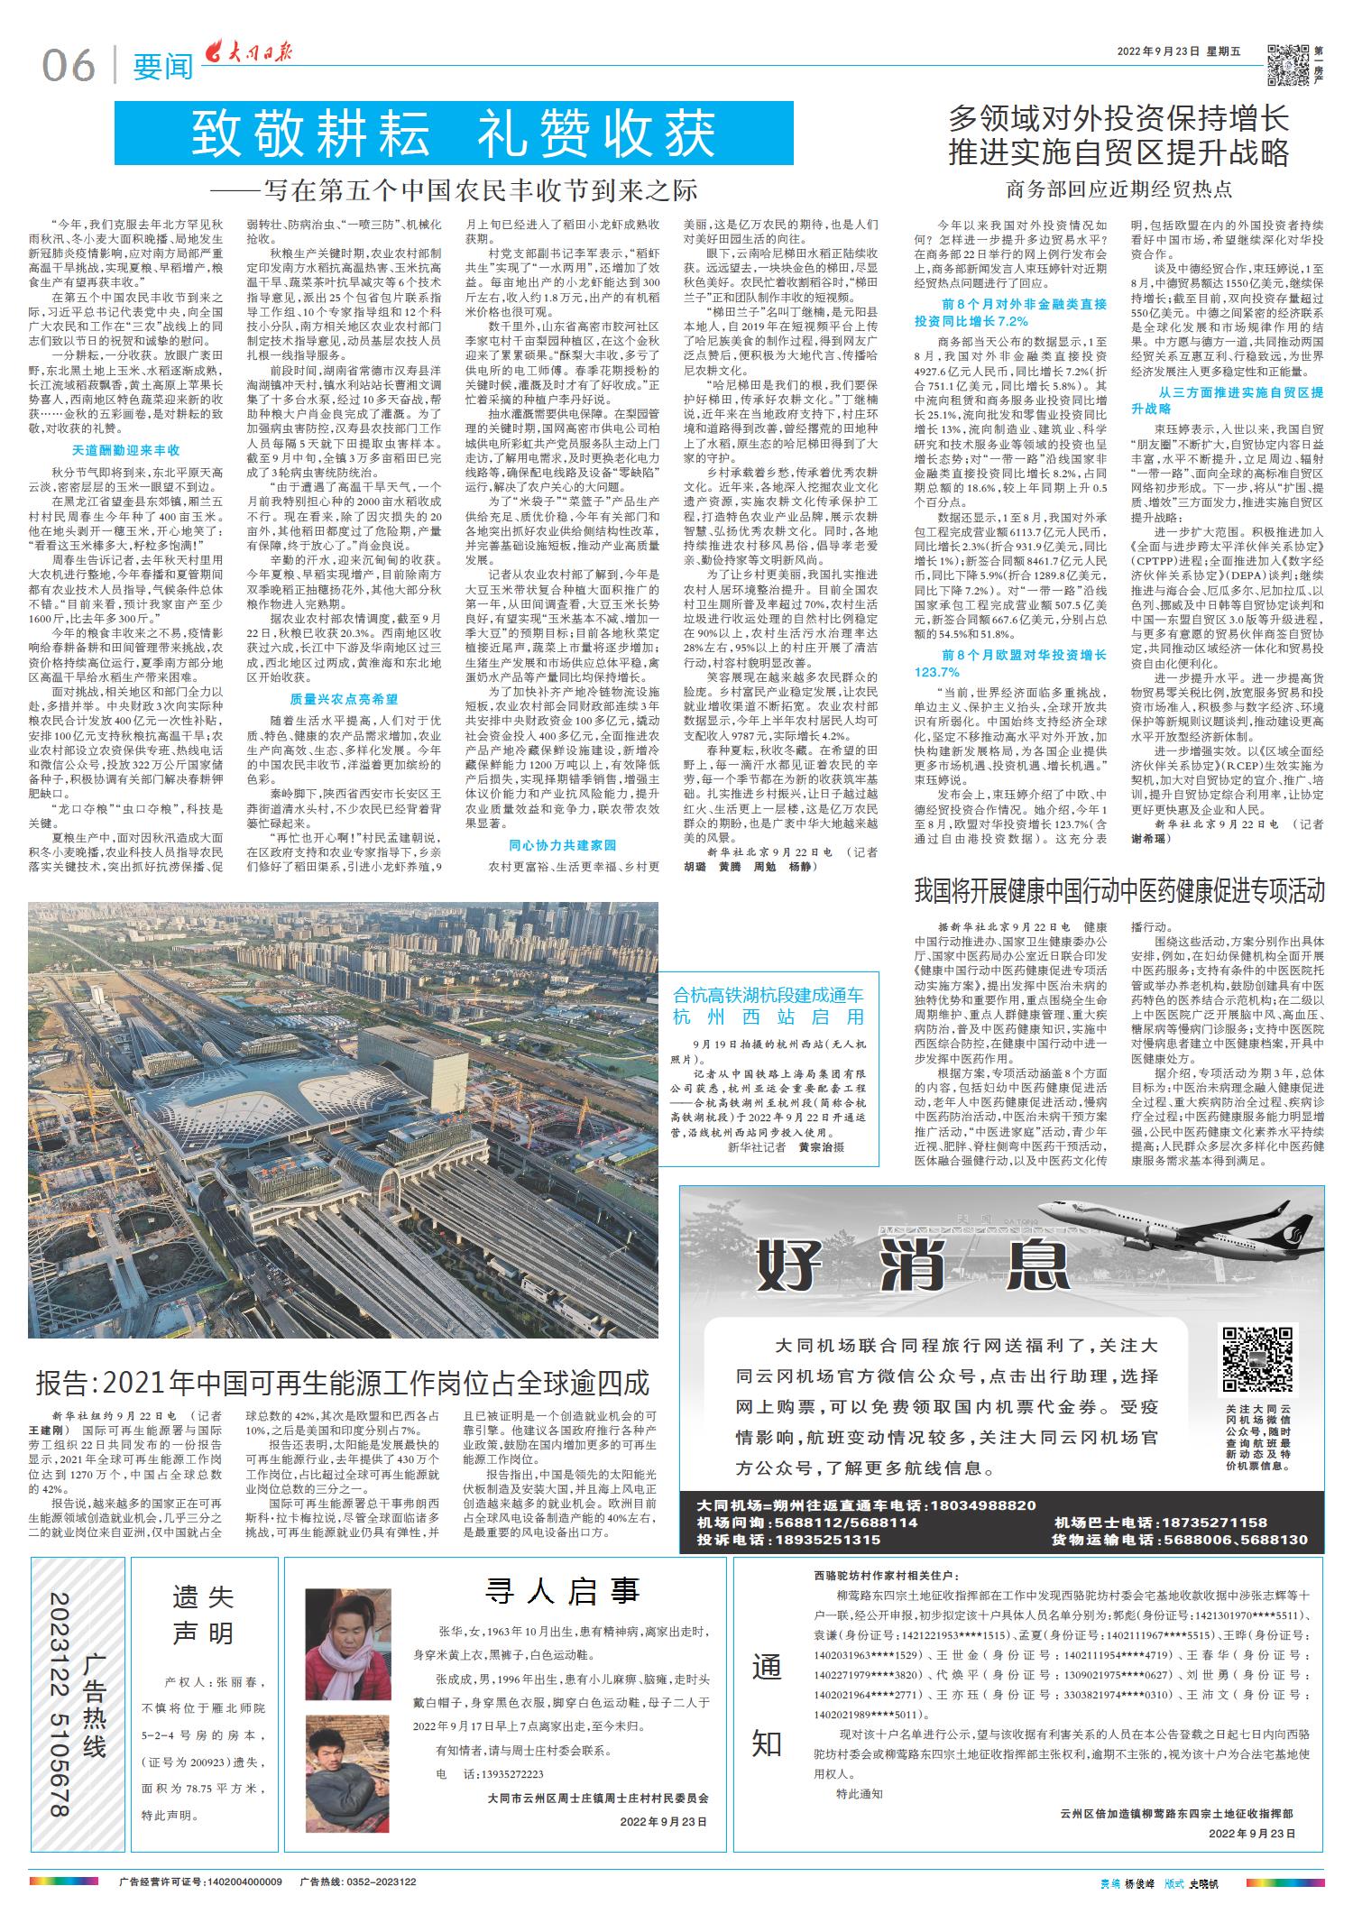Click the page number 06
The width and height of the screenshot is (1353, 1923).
point(68,65)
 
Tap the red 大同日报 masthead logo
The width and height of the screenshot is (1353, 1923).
point(246,56)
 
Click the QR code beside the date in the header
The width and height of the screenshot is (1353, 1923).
point(1287,65)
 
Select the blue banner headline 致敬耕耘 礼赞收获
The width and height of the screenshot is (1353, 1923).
point(454,133)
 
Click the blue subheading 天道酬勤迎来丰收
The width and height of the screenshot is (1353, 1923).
point(125,450)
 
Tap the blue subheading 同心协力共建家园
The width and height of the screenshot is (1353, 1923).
point(562,845)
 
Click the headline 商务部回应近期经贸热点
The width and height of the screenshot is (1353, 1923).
point(1118,189)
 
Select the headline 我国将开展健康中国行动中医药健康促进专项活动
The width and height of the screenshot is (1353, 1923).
point(1118,892)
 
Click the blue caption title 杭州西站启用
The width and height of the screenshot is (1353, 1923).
point(769,1017)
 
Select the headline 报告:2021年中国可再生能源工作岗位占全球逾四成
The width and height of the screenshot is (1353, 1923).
point(343,1383)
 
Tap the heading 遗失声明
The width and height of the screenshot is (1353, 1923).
point(203,1615)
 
